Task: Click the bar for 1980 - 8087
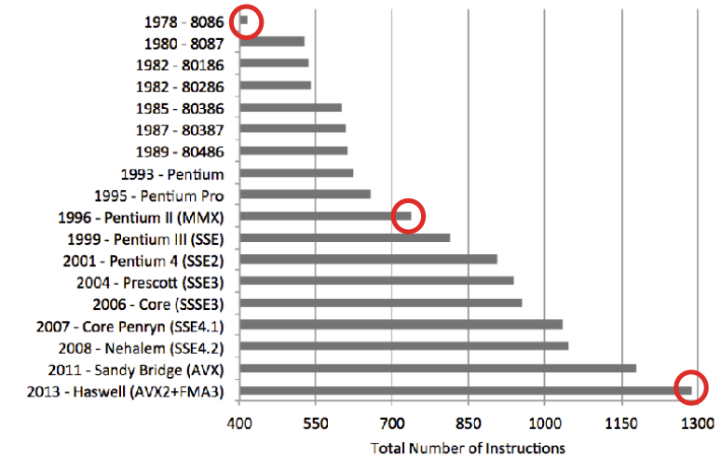tap(272, 41)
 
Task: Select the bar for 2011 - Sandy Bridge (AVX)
tap(438, 368)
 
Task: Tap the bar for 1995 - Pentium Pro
tap(305, 194)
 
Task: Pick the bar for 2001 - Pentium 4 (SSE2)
tap(368, 259)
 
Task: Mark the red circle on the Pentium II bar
tap(407, 216)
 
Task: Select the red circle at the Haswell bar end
tap(691, 388)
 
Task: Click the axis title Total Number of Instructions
tap(468, 448)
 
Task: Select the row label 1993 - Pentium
tap(172, 173)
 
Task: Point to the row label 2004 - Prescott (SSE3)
tap(150, 281)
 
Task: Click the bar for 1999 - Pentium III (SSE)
tap(345, 237)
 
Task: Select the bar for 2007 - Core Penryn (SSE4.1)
tap(401, 324)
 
